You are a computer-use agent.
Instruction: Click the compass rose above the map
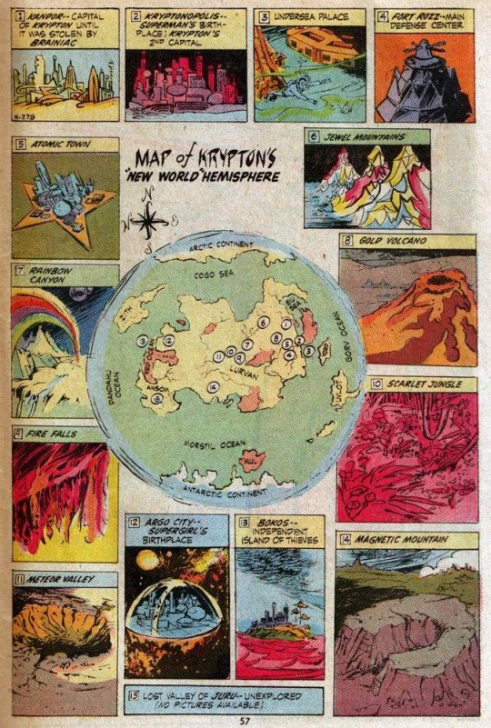tap(151, 219)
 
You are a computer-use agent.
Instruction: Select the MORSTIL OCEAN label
tap(214, 445)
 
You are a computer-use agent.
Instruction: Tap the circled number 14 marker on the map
tap(212, 388)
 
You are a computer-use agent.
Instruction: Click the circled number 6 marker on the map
tap(263, 322)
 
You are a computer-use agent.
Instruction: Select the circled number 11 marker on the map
tap(218, 357)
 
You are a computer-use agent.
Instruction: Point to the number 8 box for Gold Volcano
tap(347, 241)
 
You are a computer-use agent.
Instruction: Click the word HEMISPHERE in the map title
tap(235, 176)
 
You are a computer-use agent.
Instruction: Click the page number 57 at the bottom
tap(244, 721)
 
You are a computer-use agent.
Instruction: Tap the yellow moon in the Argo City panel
tap(148, 561)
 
